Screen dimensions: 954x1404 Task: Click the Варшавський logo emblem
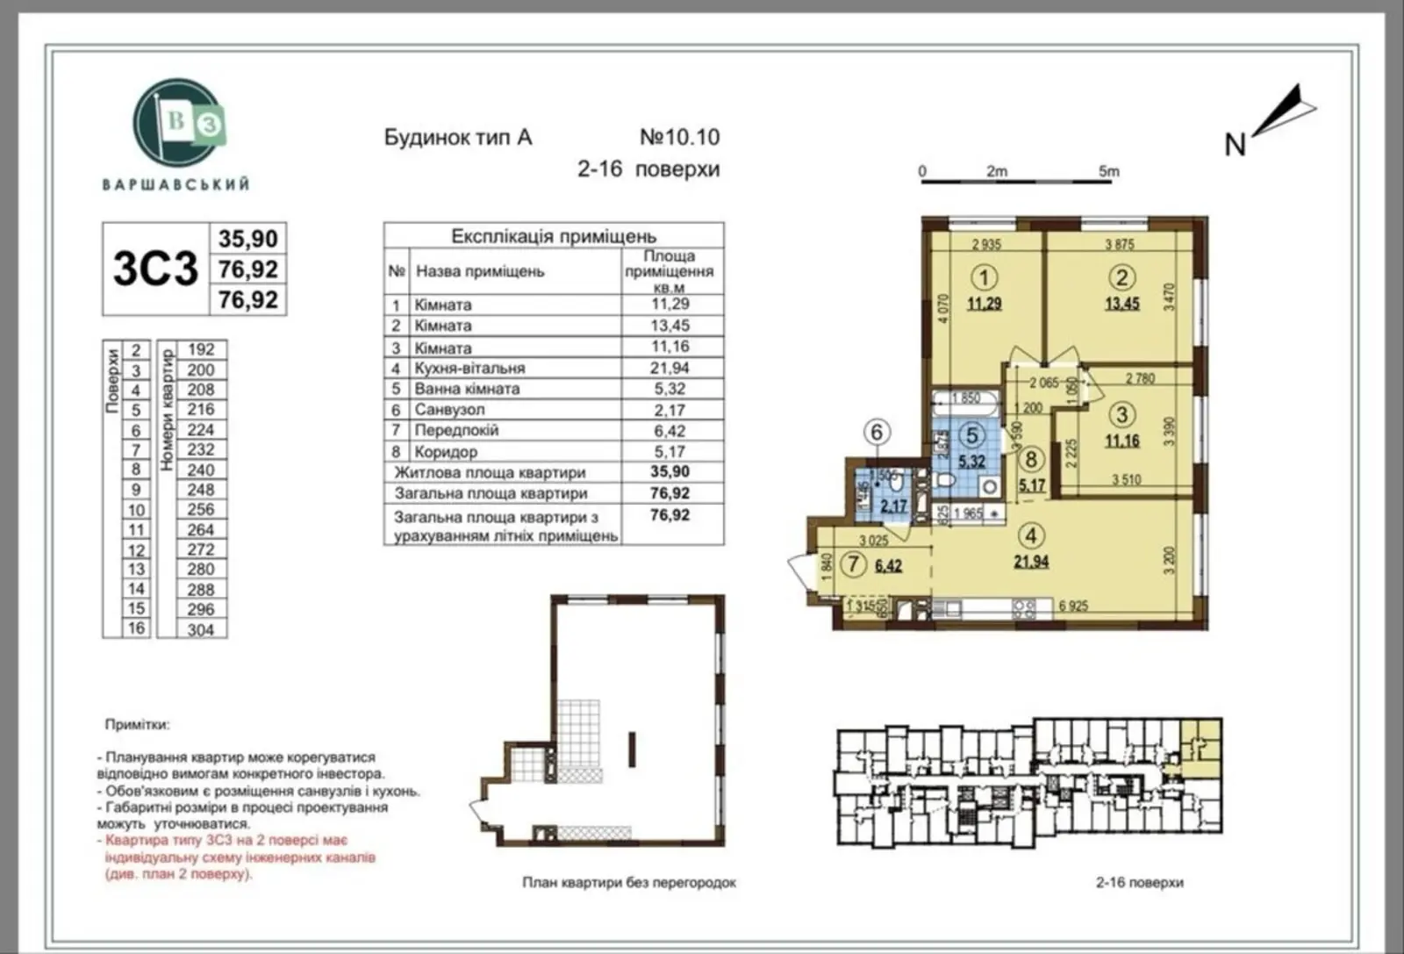[178, 124]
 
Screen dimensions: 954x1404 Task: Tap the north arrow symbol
[1285, 111]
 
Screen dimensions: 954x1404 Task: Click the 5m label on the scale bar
[1108, 171]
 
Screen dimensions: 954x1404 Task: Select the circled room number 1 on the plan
[984, 278]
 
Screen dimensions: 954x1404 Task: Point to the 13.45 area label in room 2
[1121, 304]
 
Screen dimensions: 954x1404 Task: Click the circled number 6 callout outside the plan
[876, 431]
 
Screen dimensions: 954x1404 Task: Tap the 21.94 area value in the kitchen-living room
[1031, 562]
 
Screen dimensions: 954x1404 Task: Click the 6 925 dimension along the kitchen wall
[1072, 606]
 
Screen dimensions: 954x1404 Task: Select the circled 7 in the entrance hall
[853, 564]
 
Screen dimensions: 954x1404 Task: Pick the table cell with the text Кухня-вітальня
[469, 369]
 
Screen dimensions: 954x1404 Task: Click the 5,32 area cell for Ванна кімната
[670, 389]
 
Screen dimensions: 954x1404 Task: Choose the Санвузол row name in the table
[449, 410]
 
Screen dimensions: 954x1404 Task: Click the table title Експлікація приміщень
[553, 236]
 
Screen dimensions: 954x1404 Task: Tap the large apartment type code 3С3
[155, 269]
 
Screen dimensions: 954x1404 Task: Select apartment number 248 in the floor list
[200, 489]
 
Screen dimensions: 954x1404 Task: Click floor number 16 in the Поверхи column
[136, 628]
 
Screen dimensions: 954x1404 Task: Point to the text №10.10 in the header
[679, 137]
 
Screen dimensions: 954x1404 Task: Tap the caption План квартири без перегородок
[629, 882]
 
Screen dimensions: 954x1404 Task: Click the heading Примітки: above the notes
[138, 725]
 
